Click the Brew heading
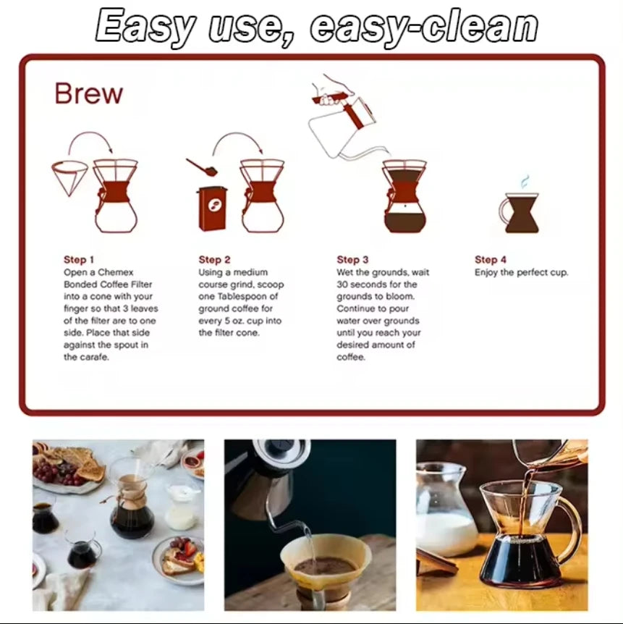point(89,94)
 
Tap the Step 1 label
point(79,260)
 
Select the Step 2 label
point(214,260)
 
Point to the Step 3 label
point(352,260)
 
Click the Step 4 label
point(491,260)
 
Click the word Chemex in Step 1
point(115,272)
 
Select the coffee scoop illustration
point(202,167)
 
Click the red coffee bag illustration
point(213,209)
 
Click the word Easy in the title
point(145,26)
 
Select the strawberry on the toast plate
point(190,549)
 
